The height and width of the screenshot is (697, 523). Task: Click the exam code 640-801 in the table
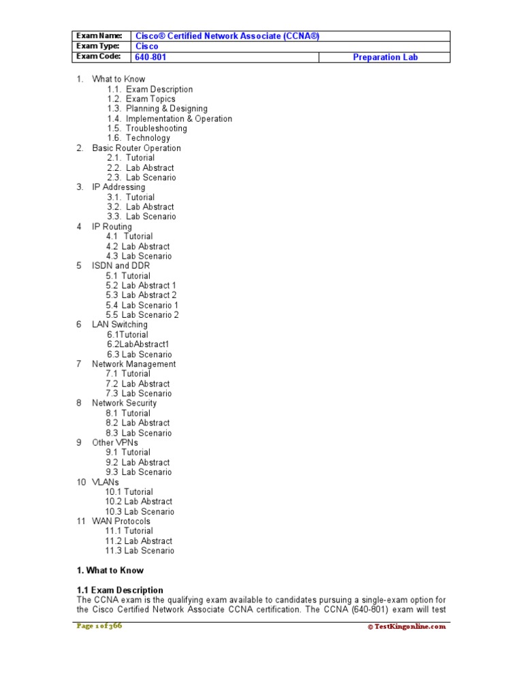[150, 57]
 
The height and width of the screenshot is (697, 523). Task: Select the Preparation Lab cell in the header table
[385, 57]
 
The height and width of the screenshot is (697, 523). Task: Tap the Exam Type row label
[98, 46]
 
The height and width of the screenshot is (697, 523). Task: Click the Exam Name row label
[99, 35]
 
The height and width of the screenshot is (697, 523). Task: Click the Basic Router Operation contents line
[136, 148]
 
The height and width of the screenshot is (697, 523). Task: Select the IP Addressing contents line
[118, 187]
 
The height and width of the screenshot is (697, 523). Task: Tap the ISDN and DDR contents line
[121, 265]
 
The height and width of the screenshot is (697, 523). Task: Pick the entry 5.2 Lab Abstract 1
[141, 285]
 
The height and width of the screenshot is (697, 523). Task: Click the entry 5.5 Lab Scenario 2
[142, 315]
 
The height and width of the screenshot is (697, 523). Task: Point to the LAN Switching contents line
[119, 325]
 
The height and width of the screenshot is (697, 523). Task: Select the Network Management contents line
[133, 364]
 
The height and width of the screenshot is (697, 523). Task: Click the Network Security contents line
[124, 403]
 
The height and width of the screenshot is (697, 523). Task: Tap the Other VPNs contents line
[115, 442]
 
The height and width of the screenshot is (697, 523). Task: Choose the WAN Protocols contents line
[121, 521]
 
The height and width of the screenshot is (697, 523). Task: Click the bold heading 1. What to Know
[110, 570]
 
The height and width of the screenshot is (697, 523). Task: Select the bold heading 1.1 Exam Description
[120, 590]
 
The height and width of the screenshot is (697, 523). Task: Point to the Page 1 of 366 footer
[99, 626]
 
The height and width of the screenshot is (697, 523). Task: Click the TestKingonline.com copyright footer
[407, 627]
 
